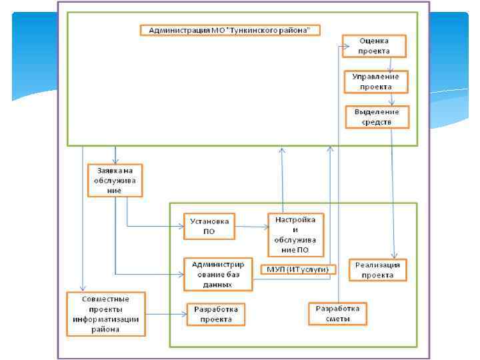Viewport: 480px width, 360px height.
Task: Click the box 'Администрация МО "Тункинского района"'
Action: [230, 30]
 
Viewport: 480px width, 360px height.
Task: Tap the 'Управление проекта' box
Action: [376, 81]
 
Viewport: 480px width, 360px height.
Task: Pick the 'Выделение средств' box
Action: [377, 117]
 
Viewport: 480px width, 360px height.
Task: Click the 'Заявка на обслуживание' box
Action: [115, 180]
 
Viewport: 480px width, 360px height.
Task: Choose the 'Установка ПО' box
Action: [209, 225]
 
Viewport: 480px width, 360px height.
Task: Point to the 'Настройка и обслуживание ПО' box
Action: [295, 234]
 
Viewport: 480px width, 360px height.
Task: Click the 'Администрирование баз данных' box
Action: [218, 273]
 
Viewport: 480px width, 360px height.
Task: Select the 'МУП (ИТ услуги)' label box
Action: [297, 268]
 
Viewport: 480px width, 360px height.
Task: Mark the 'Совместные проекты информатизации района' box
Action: [106, 313]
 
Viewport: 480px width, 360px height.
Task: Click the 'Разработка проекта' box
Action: [215, 314]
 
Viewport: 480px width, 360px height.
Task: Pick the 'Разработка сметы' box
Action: [337, 313]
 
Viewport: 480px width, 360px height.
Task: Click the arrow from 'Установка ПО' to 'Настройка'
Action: [251, 226]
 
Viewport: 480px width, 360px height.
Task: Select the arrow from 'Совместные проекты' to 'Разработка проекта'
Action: [165, 314]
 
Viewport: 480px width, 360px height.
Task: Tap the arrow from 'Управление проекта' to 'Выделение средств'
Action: [391, 99]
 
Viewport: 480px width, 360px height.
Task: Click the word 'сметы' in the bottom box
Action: [337, 319]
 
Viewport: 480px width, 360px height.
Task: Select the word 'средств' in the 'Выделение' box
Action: [377, 122]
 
